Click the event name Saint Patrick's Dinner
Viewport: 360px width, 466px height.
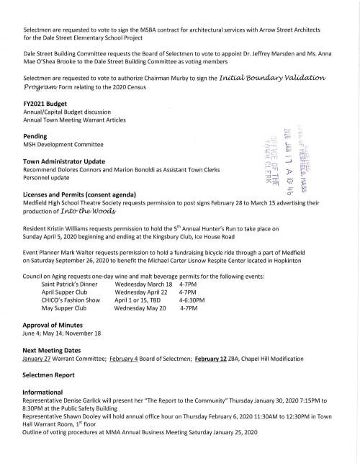[x=70, y=284]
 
